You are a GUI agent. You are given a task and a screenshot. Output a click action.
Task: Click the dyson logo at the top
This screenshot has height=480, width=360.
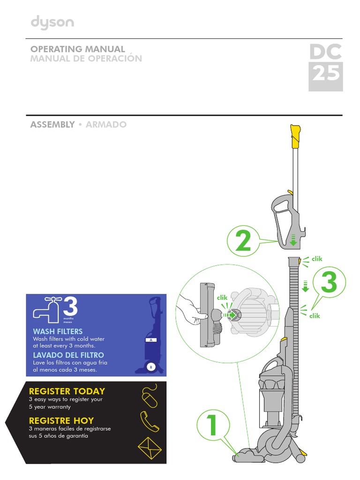52,23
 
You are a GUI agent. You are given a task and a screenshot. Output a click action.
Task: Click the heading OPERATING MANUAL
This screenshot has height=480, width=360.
77,49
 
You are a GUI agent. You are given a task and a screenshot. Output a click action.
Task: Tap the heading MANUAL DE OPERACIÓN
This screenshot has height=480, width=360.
86,59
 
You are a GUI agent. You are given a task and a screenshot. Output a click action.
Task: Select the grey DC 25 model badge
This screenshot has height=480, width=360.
325,67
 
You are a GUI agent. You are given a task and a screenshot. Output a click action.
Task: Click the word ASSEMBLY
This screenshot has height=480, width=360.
52,125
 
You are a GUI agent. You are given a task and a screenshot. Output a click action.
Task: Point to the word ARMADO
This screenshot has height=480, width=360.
106,125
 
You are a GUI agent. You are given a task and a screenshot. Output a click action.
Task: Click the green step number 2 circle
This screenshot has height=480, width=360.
243,242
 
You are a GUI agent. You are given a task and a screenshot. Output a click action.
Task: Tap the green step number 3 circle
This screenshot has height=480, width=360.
329,283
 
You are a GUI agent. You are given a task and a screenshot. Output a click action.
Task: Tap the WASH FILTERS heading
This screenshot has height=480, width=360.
57,332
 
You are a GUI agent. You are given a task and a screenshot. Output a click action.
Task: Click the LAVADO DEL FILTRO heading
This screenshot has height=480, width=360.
68,355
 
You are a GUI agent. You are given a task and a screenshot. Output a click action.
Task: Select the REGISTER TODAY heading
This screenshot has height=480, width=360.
67,391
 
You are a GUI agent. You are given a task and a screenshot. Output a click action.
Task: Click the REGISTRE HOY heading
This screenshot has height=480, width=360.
61,420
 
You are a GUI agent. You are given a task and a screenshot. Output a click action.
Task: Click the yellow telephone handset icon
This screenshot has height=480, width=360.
150,422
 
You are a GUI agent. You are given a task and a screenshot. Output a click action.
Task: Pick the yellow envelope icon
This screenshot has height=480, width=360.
149,449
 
